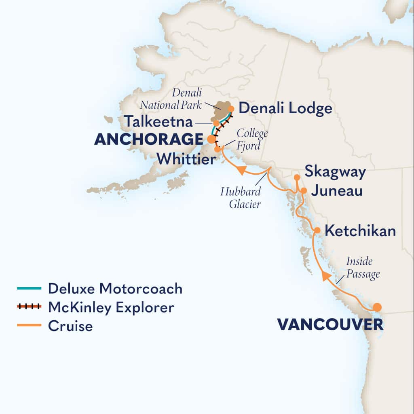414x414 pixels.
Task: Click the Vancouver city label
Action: click(x=330, y=324)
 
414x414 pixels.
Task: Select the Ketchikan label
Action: click(x=360, y=231)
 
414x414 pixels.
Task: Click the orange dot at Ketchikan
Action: click(x=317, y=230)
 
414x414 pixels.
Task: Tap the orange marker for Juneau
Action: click(x=304, y=190)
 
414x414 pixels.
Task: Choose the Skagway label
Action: click(x=335, y=171)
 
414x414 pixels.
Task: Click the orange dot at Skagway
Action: click(x=297, y=177)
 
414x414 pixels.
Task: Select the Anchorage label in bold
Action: click(x=148, y=139)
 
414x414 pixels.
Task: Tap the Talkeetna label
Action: click(x=158, y=121)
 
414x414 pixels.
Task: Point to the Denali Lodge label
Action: click(x=285, y=108)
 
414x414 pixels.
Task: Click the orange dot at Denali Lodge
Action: click(x=231, y=108)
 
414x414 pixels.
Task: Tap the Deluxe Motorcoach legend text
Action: click(x=115, y=289)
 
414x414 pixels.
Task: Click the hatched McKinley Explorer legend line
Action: click(x=29, y=307)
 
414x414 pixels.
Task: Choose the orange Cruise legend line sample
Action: click(x=29, y=325)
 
